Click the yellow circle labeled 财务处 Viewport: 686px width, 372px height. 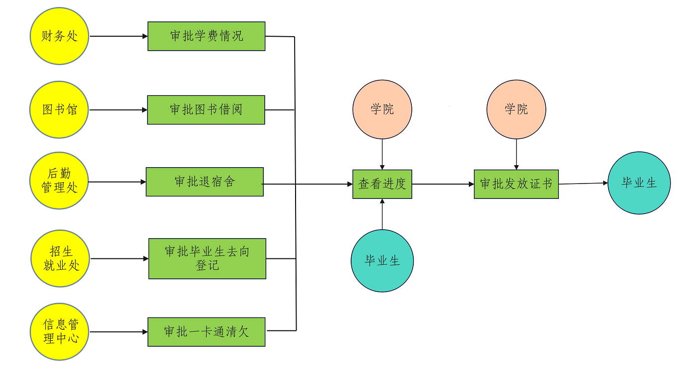(60, 36)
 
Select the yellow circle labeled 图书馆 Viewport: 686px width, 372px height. (60, 110)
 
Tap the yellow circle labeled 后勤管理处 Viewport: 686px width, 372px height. (60, 181)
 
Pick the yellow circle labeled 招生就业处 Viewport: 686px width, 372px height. (61, 258)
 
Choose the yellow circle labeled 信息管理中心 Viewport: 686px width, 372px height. (61, 332)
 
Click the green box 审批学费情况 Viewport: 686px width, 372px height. (206, 36)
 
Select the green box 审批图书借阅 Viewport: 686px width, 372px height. (206, 110)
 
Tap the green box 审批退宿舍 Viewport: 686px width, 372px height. (204, 182)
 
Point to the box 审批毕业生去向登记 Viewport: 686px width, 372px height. (207, 258)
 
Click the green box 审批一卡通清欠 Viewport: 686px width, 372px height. (206, 332)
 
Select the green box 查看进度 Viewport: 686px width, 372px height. (382, 184)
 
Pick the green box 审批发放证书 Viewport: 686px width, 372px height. (516, 184)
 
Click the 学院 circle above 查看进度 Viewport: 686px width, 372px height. (382, 110)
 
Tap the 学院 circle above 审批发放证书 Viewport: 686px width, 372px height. (516, 110)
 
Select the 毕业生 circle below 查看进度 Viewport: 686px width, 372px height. (382, 261)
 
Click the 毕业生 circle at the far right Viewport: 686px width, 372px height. (639, 183)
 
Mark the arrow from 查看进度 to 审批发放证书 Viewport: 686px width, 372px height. (443, 184)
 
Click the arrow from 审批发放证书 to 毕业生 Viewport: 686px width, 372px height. (583, 184)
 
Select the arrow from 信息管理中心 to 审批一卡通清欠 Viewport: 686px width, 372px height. (119, 332)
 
